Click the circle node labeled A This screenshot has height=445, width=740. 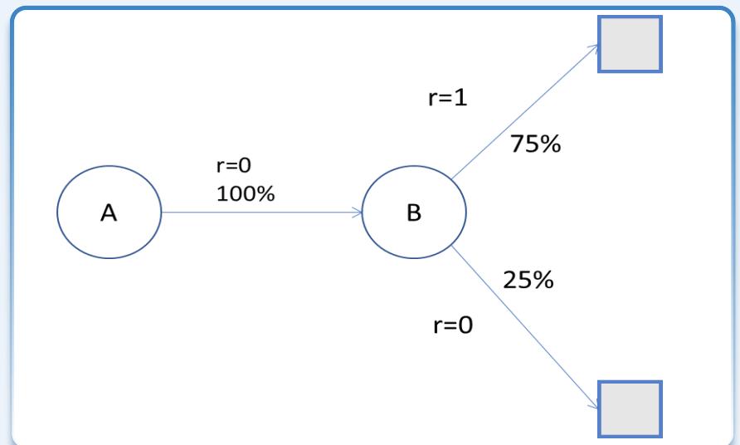(x=109, y=212)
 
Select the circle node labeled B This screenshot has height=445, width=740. (x=415, y=212)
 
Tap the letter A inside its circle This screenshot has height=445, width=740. (x=109, y=213)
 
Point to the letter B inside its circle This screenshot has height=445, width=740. (x=414, y=213)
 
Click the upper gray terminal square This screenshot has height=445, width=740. (x=630, y=44)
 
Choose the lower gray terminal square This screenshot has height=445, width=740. (x=630, y=408)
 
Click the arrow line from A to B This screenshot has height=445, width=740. (x=261, y=212)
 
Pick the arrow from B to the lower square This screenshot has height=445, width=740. (x=524, y=325)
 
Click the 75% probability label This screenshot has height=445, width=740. (x=535, y=144)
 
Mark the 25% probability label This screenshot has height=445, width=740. (x=528, y=280)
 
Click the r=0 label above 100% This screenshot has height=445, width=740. (x=233, y=165)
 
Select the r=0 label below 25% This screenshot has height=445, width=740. (x=454, y=325)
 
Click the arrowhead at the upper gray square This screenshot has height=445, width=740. (x=594, y=47)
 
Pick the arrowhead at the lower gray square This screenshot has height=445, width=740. (x=594, y=403)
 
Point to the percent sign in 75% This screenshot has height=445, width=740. (x=550, y=144)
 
